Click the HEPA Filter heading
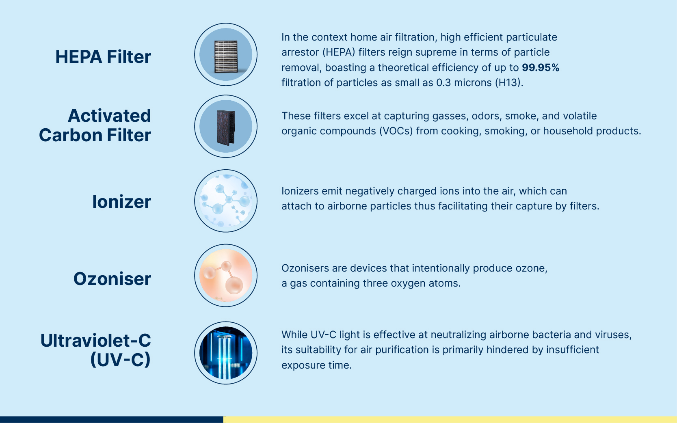tap(103, 57)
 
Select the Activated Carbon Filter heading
tap(95, 125)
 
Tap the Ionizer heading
tap(121, 201)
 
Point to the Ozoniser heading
tap(112, 278)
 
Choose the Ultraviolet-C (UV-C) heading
tap(95, 350)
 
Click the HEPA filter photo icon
tap(226, 55)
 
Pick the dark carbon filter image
tap(226, 126)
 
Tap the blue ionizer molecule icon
tap(226, 201)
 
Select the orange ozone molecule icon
tap(226, 276)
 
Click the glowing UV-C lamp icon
tap(226, 353)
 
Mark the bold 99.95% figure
tap(541, 67)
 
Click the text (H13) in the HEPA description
tap(509, 82)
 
